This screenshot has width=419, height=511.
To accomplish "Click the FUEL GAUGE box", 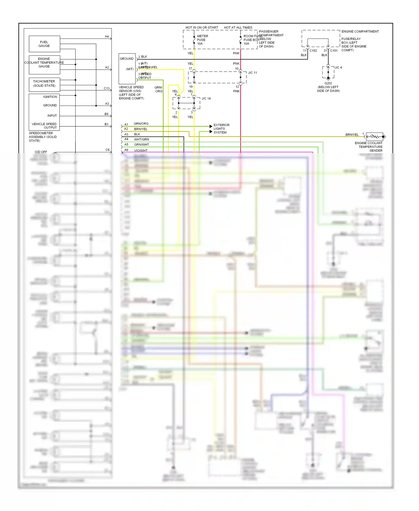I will [44, 44].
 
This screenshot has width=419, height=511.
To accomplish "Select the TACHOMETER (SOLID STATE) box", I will [44, 84].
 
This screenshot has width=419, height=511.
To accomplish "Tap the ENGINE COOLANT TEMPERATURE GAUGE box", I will [44, 63].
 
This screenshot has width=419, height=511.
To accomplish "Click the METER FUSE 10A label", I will [202, 40].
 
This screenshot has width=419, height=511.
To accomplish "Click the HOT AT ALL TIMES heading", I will [238, 27].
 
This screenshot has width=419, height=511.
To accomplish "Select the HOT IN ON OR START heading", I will [202, 27].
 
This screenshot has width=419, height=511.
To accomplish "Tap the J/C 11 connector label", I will [253, 73].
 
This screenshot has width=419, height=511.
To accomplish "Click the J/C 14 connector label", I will [206, 98].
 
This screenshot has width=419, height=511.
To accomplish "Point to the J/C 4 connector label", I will [338, 67].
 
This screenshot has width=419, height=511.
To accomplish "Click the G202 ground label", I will [328, 83].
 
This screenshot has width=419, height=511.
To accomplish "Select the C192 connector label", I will [313, 51].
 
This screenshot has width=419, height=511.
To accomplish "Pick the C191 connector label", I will [334, 51].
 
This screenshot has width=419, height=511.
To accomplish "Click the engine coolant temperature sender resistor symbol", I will [374, 137].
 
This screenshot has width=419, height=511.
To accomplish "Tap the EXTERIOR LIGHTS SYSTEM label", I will [221, 129].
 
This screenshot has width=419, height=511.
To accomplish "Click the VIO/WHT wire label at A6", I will [141, 150].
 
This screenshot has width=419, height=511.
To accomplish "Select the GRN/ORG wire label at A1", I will [141, 124].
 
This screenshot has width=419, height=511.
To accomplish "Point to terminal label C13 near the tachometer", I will [106, 88].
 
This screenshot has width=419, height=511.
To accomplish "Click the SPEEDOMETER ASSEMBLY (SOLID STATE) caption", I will [43, 137].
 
